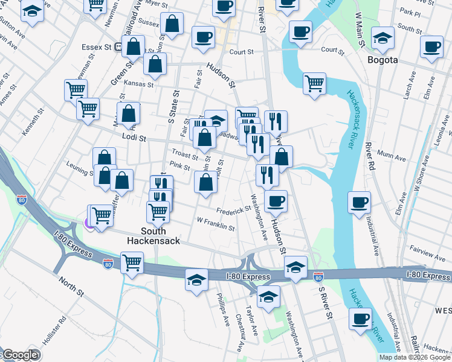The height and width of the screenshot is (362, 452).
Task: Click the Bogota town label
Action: tap(383, 60)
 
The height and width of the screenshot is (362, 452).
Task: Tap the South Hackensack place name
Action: tap(153, 235)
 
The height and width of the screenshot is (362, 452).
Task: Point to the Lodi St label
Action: tap(134, 138)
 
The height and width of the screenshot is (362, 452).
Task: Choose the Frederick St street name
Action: tap(233, 210)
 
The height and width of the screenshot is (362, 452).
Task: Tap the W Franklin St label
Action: tap(215, 223)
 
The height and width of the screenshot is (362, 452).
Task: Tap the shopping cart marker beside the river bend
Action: tap(314, 84)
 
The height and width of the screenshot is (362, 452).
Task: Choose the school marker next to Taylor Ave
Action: tap(268, 296)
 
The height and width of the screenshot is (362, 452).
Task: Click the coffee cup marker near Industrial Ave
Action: tap(360, 202)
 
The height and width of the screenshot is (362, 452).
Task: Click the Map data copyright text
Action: tap(415, 357)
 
